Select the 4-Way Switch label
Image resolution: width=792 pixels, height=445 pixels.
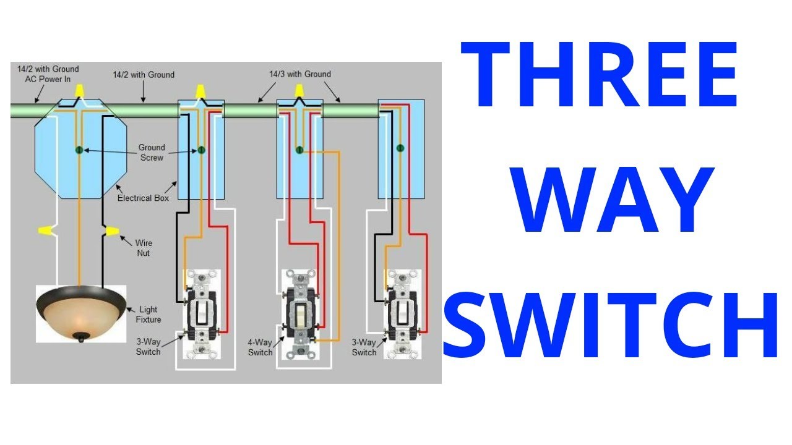point(260,347)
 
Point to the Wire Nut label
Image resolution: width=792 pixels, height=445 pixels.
point(144,248)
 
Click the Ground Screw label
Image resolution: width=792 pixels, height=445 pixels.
point(152,153)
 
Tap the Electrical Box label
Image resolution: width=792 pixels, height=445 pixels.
point(144,198)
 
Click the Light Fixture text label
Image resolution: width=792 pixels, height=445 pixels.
point(149,314)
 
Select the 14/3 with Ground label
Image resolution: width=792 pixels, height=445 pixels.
point(299,74)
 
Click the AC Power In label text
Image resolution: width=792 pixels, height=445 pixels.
point(48,78)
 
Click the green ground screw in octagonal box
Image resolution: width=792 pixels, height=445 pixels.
point(79,150)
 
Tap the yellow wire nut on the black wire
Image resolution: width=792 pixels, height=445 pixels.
point(111,231)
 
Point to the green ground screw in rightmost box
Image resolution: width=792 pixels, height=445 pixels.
point(400,148)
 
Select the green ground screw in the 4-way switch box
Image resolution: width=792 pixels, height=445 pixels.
point(299,150)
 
